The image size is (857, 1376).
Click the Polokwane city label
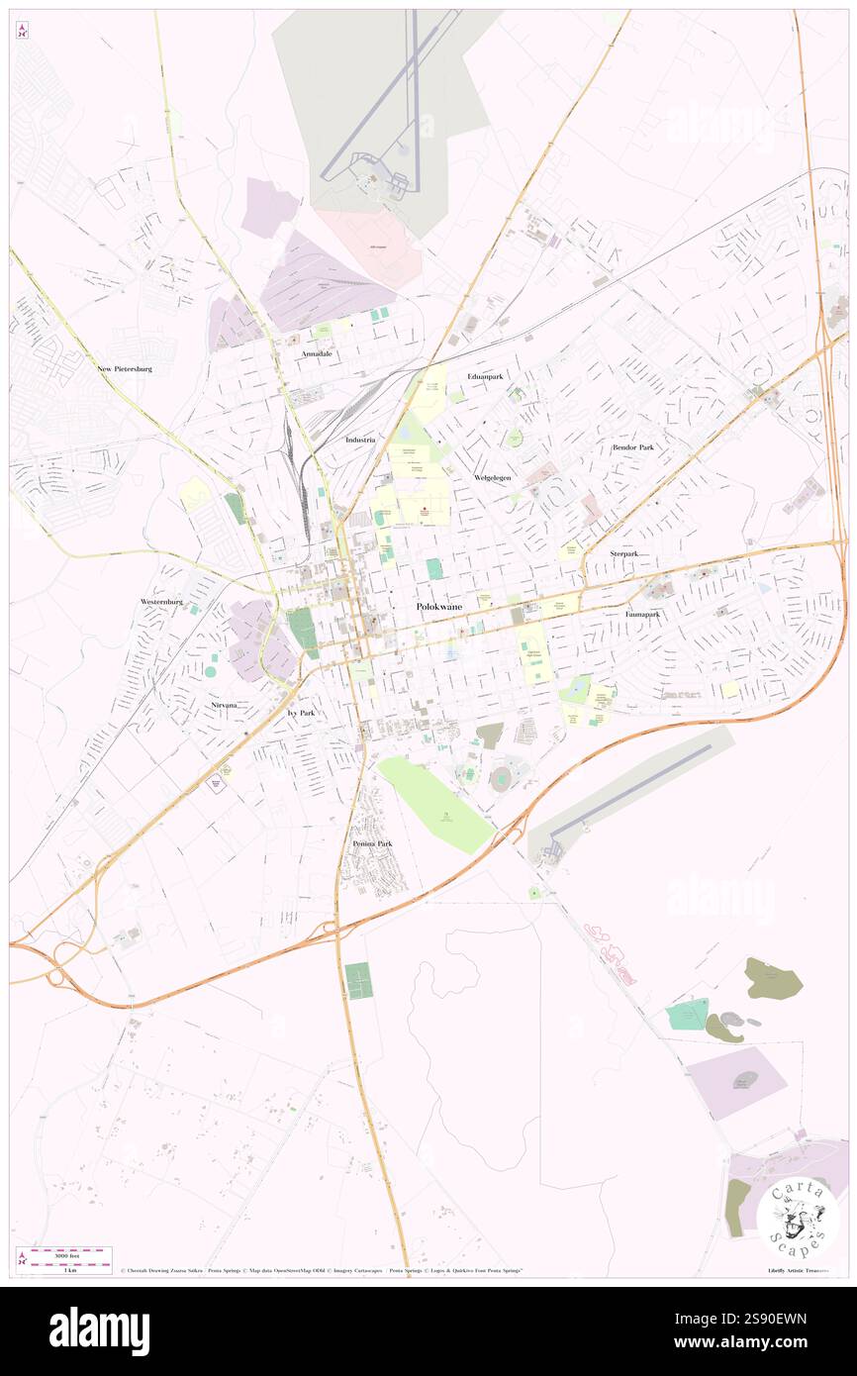tap(438, 606)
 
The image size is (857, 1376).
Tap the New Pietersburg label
tap(125, 369)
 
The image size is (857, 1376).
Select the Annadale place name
tap(317, 353)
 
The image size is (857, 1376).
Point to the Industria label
tap(361, 439)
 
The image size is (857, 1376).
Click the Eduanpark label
tap(485, 377)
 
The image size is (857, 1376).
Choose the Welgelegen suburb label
tap(492, 477)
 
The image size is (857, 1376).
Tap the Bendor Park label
tap(632, 447)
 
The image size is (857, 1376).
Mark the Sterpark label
tap(623, 553)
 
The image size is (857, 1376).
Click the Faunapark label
tap(642, 614)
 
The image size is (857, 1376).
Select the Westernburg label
tap(162, 601)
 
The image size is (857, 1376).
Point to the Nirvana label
tap(223, 705)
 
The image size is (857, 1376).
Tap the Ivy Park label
tap(301, 713)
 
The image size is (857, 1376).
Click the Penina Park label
tap(372, 843)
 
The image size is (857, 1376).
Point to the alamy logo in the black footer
tap(99, 1330)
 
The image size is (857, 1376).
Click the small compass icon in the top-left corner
tap(22, 31)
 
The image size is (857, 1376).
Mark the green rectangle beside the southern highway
tap(359, 980)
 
